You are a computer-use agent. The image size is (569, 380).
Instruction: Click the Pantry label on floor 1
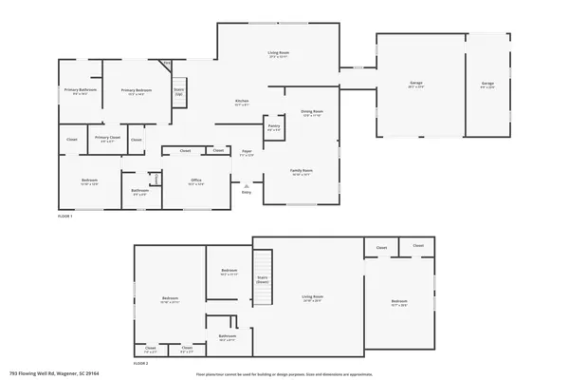click(x=273, y=125)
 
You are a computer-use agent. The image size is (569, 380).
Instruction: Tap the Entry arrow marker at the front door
click(x=247, y=186)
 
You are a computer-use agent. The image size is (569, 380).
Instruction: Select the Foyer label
click(x=246, y=151)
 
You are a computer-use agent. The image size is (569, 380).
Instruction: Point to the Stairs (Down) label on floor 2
click(x=263, y=280)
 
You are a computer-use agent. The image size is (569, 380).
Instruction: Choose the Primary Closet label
click(x=108, y=138)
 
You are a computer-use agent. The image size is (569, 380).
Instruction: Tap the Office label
click(x=194, y=181)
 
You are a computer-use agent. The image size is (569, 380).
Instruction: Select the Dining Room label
click(x=312, y=112)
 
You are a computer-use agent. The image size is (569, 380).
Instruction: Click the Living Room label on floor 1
click(x=278, y=54)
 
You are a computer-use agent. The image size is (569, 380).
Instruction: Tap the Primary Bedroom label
click(x=134, y=90)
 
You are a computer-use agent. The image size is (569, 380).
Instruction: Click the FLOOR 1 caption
click(x=64, y=216)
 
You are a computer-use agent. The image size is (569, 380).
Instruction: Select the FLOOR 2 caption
click(x=140, y=364)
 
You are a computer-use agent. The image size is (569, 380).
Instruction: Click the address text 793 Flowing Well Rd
click(x=47, y=374)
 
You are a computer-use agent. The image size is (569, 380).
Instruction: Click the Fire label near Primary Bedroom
click(x=167, y=64)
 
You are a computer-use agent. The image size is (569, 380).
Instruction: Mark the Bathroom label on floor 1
click(x=139, y=190)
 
